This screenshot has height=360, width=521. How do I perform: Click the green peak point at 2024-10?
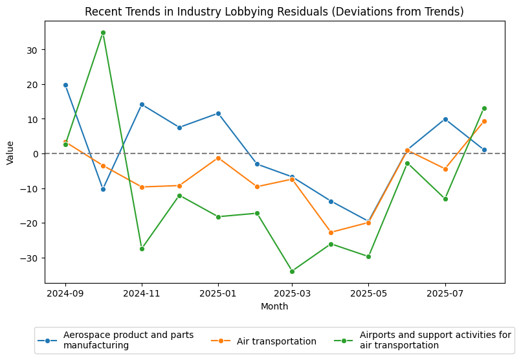point(103,32)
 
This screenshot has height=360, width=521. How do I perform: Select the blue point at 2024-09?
point(65,85)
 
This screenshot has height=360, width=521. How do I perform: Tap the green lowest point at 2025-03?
point(292,271)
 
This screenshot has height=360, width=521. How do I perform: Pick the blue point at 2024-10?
point(103,189)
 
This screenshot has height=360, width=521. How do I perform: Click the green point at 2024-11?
point(142,249)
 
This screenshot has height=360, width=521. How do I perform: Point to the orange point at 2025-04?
point(331,232)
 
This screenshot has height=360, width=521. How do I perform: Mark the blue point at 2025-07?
point(445,119)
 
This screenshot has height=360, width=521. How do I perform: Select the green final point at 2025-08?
point(484,108)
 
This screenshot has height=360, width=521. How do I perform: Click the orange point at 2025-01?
point(218,158)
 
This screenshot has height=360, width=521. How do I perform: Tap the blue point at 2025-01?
point(218,113)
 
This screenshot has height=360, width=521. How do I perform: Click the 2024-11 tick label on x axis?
point(142,293)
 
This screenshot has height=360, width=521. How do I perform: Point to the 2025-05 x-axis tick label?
point(368,293)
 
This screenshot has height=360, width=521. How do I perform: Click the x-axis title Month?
point(274,306)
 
